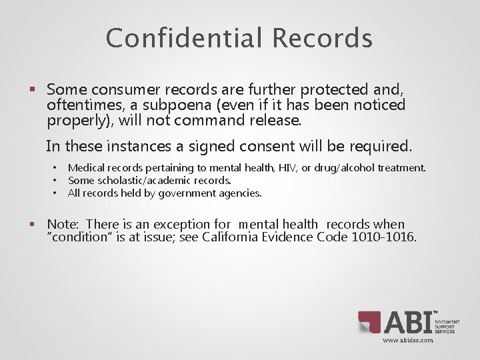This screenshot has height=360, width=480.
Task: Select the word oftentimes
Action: click(x=79, y=105)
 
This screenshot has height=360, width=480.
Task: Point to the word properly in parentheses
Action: click(x=73, y=121)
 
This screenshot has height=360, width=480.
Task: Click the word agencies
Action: click(x=239, y=193)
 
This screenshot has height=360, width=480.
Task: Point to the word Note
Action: click(x=62, y=225)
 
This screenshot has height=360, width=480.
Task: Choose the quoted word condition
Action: click(x=74, y=238)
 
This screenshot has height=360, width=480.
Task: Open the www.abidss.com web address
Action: click(x=407, y=340)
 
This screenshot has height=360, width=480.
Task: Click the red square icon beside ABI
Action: click(x=369, y=322)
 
